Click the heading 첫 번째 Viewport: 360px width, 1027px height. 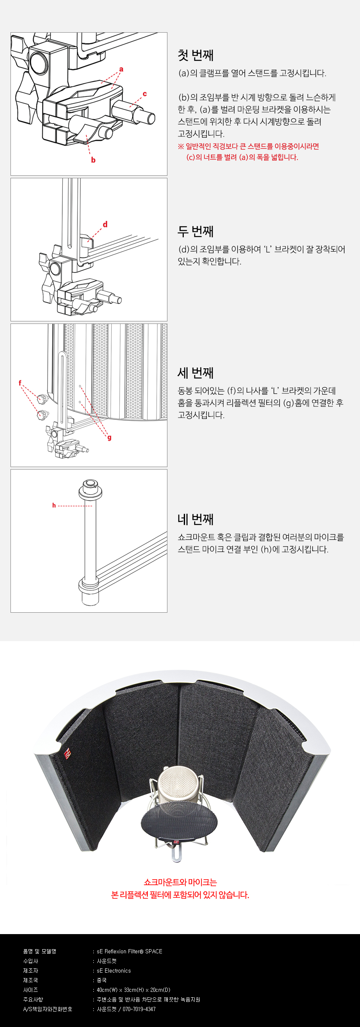195,55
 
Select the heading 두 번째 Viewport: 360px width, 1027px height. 195,231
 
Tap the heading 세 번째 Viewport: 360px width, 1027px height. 195,372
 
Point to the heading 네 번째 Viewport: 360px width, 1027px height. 195,519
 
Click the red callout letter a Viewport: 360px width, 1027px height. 121,69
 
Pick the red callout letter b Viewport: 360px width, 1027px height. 93,160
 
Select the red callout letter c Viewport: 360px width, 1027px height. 145,94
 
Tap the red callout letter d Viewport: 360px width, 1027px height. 105,224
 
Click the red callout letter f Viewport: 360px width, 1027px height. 20,383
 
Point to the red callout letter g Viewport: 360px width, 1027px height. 109,438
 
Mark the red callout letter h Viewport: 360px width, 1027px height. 54,506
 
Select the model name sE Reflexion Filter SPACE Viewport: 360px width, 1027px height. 129,951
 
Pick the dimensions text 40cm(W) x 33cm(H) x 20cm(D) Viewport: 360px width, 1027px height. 134,990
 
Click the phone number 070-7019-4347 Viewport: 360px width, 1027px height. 139,1009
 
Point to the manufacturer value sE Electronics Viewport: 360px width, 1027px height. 114,971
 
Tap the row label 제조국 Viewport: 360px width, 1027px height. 31,980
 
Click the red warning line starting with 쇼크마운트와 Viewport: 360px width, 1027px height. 180,882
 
